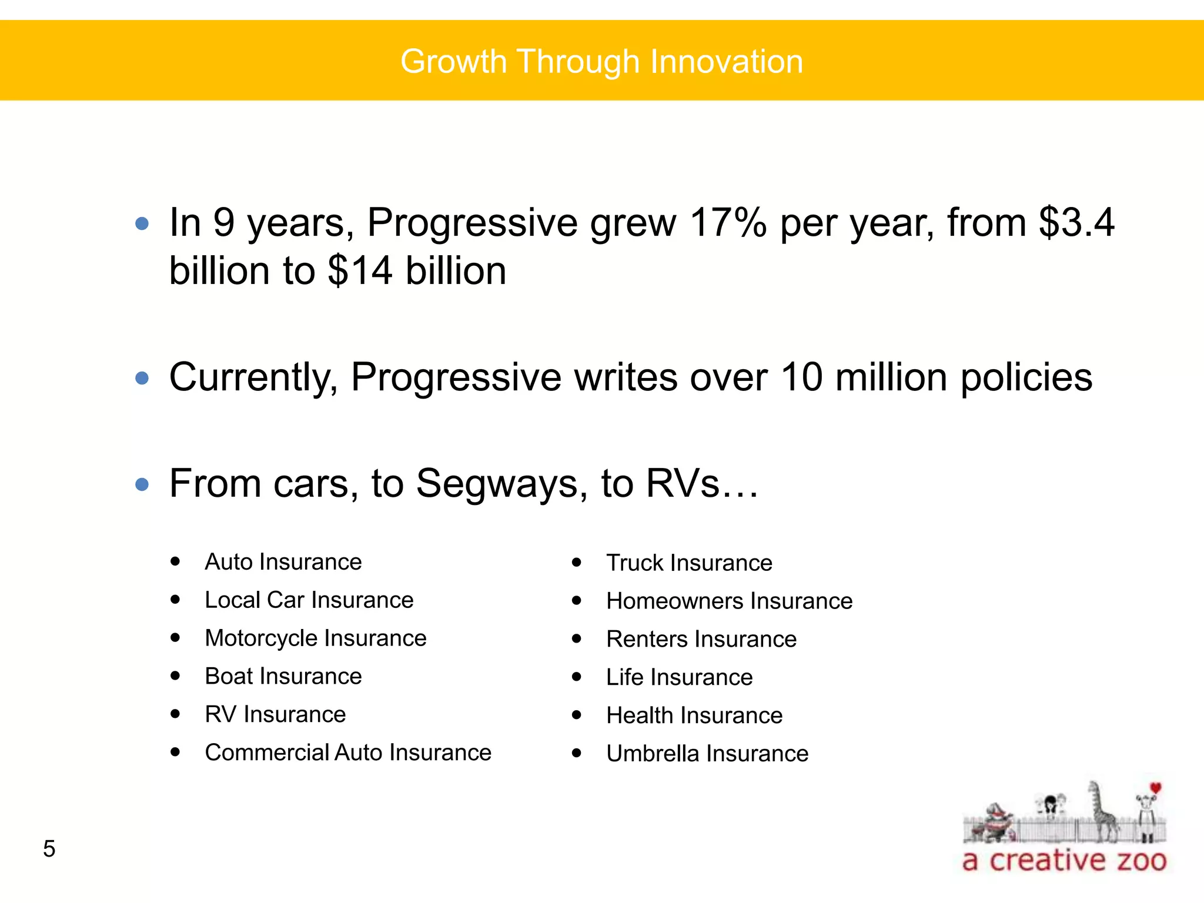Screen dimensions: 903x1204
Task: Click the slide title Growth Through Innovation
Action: (x=601, y=62)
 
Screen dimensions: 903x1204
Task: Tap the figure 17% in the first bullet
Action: (x=728, y=223)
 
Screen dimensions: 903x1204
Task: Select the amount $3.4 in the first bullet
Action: (x=1076, y=223)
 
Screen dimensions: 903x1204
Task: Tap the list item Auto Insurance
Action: (x=283, y=562)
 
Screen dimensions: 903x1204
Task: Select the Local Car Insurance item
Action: (x=309, y=600)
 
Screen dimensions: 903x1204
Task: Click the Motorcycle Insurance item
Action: (x=315, y=638)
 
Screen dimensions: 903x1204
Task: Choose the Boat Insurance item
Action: (x=283, y=677)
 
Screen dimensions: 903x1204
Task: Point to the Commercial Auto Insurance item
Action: (x=347, y=753)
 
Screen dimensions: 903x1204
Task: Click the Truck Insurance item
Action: (x=689, y=563)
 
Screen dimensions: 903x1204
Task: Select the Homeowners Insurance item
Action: (x=729, y=601)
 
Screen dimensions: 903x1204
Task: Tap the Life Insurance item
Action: (x=679, y=678)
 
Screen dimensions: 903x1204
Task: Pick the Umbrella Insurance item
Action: (x=707, y=754)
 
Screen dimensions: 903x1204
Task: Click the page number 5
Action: (x=49, y=849)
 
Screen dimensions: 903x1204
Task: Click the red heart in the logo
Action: (x=1155, y=788)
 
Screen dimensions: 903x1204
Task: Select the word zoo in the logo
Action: (x=1141, y=861)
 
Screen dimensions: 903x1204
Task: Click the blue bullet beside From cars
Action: (x=142, y=484)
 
